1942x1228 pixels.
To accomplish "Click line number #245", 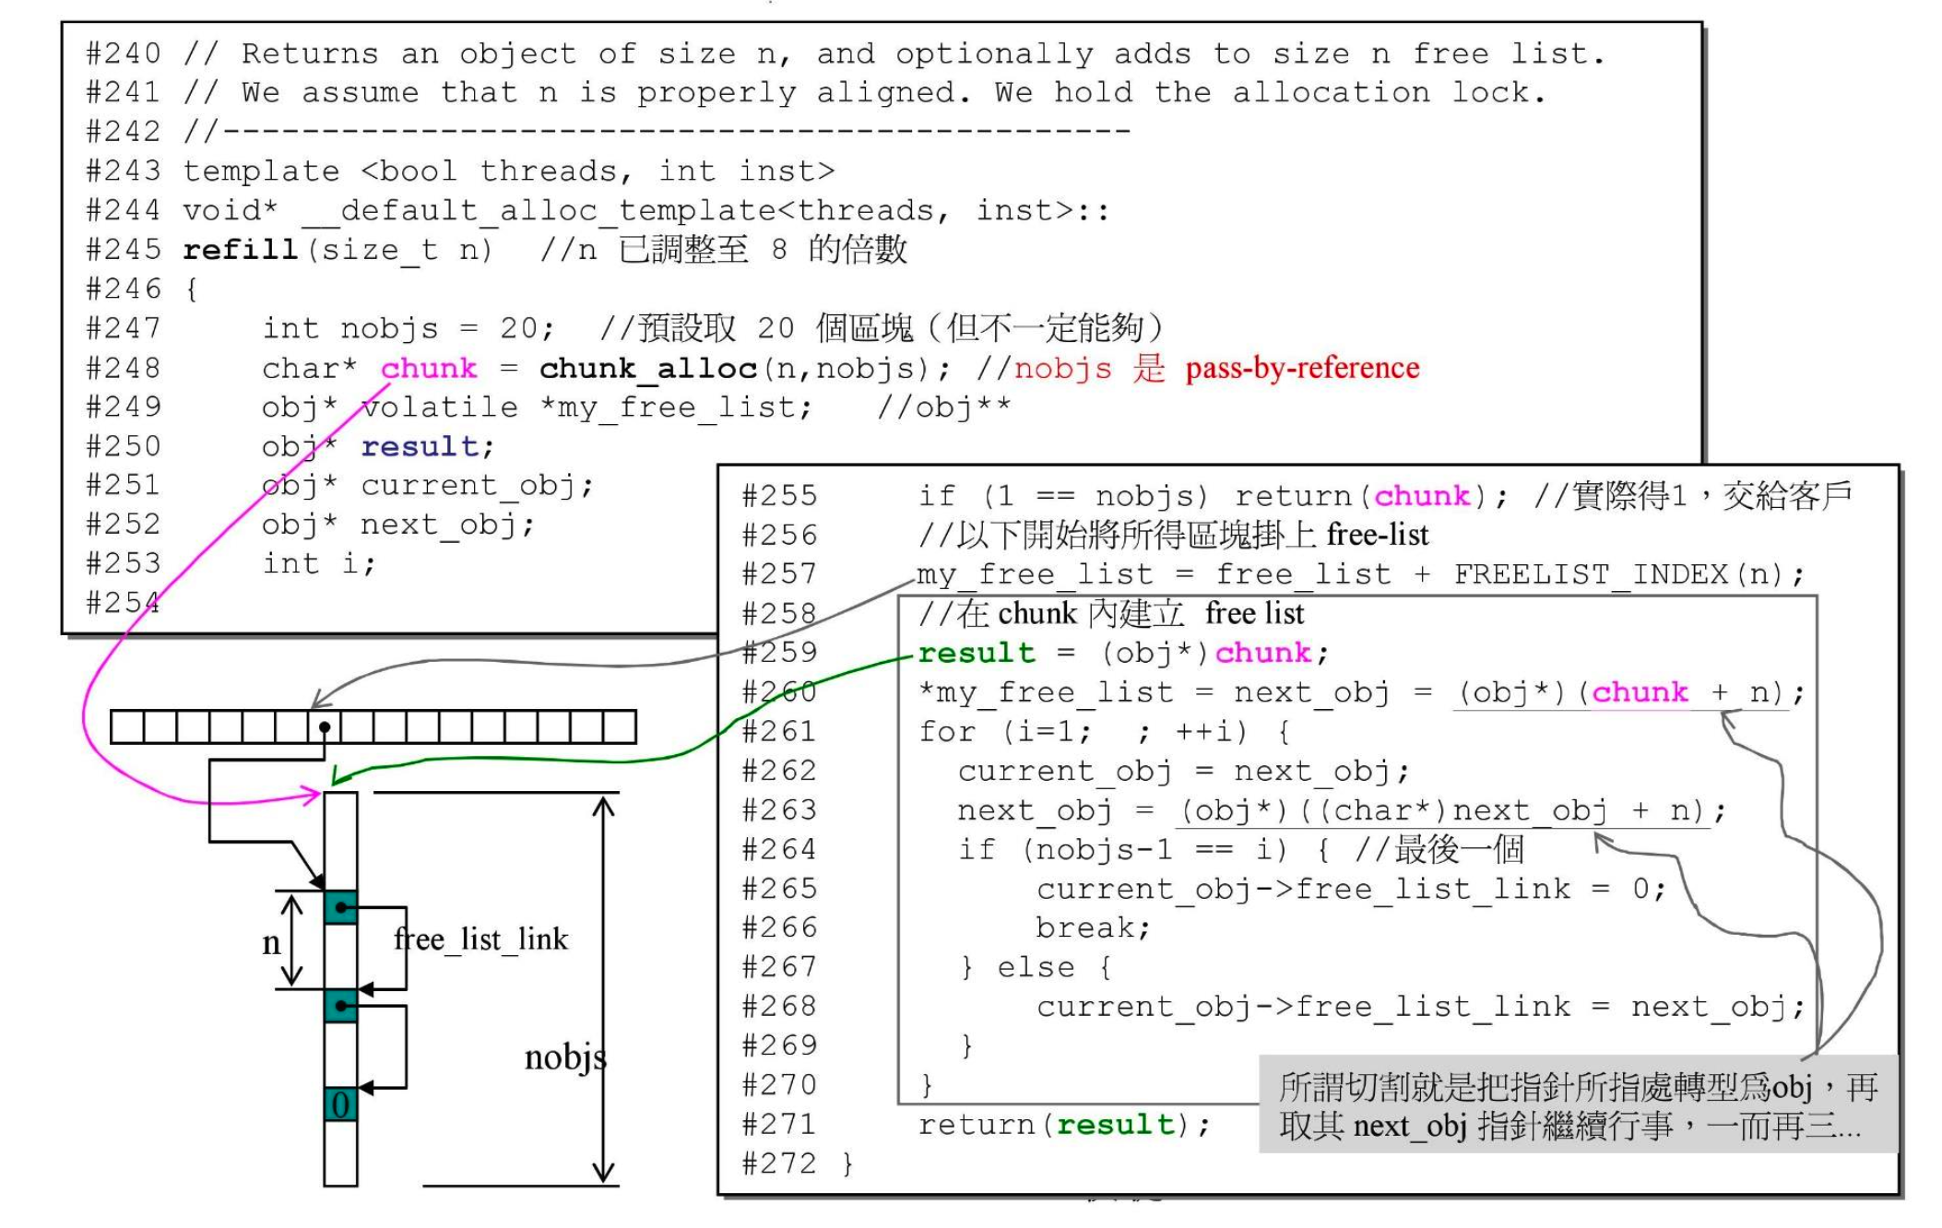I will click(123, 249).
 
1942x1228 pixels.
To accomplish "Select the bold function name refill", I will click(240, 249).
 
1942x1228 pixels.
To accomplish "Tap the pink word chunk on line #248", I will click(429, 368).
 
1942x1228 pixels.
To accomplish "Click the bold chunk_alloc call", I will click(647, 368).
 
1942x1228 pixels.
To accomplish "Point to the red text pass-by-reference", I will click(1302, 368).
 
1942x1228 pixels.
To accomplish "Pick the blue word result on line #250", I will click(420, 446).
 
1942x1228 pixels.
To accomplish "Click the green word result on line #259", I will click(976, 653).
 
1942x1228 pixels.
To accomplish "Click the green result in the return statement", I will click(1116, 1125).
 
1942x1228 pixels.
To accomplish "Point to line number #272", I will click(779, 1163).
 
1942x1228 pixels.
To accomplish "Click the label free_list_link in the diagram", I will click(481, 939).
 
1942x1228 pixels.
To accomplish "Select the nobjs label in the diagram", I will click(564, 1057).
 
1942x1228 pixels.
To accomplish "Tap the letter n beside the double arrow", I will click(271, 942).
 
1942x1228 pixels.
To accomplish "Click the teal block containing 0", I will click(340, 1104).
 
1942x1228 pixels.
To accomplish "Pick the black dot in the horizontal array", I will click(325, 727).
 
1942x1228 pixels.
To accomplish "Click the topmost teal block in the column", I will click(340, 907).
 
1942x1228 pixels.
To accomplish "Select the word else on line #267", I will click(1036, 967).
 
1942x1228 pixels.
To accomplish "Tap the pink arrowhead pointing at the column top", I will click(314, 795).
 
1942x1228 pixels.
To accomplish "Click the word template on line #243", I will click(261, 171).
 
